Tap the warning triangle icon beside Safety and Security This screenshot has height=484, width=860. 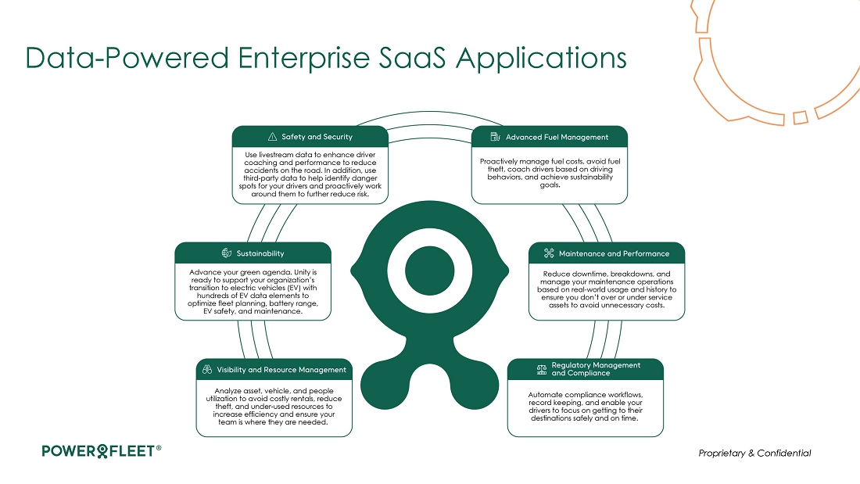tap(272, 137)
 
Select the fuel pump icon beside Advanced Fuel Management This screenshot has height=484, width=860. tap(495, 137)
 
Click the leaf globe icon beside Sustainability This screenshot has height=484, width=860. tap(227, 253)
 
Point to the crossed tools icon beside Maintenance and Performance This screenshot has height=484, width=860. tap(549, 253)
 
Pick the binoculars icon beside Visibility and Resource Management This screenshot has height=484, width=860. tap(206, 369)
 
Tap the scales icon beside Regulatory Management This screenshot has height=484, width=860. tap(542, 369)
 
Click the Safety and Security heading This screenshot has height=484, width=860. tap(317, 137)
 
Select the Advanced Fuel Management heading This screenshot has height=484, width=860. tap(557, 137)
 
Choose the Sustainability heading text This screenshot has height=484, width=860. tap(260, 253)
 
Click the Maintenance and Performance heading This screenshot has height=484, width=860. tap(614, 253)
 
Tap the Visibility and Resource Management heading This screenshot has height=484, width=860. tap(281, 370)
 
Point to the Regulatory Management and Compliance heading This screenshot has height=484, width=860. tap(596, 369)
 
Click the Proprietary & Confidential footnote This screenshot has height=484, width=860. tap(754, 453)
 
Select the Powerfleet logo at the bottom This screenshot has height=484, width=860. tap(102, 451)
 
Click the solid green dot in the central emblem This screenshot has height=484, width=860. tap(429, 270)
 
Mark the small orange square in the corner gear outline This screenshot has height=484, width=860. tap(801, 117)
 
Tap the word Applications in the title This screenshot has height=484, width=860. tap(541, 58)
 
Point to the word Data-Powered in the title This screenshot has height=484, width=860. tap(127, 58)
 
